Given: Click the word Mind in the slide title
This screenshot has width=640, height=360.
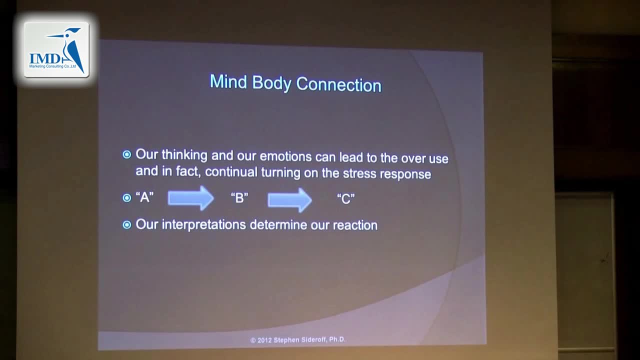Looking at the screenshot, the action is [x=228, y=81].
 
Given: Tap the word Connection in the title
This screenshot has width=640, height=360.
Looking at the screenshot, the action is [x=339, y=84].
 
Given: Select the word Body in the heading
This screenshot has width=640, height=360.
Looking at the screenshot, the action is [x=271, y=83].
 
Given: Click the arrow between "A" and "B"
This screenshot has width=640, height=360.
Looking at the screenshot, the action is [x=190, y=198].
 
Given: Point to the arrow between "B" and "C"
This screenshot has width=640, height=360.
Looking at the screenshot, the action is [x=289, y=200].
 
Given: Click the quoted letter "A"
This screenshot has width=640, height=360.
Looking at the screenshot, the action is [x=144, y=197].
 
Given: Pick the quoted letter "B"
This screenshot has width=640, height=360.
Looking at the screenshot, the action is [x=239, y=197].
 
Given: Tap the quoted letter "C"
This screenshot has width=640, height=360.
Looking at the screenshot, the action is [x=345, y=199].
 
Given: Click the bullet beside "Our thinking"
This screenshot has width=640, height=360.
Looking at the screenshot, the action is [x=127, y=154].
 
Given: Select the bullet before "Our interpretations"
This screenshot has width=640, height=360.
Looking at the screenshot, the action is [x=127, y=225].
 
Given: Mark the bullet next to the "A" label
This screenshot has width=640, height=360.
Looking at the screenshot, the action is [x=127, y=197].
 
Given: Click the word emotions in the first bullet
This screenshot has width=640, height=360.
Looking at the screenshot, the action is [x=285, y=156].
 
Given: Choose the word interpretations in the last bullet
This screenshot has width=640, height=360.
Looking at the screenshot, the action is [x=203, y=224].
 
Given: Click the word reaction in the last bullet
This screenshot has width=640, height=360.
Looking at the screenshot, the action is [x=355, y=225].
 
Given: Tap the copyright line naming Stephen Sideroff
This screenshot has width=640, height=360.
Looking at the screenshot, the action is [x=298, y=339].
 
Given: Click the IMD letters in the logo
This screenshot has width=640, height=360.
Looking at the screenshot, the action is [x=45, y=58].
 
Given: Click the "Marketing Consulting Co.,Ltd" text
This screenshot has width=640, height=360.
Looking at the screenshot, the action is [x=52, y=66].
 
